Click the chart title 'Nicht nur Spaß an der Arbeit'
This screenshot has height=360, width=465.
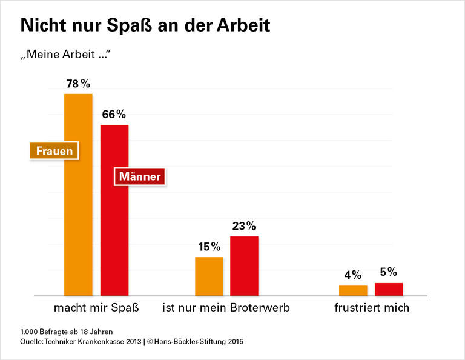[145, 25]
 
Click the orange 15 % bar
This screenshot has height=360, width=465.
[209, 276]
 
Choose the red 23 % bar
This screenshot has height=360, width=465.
[244, 265]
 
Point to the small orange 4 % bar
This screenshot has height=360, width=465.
[353, 290]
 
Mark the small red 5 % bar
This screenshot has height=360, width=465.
[389, 289]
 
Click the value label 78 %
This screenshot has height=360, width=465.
[78, 84]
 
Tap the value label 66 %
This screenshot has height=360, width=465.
[114, 114]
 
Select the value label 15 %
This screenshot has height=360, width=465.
[209, 247]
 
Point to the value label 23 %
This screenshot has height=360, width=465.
[244, 226]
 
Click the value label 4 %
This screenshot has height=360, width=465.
[353, 275]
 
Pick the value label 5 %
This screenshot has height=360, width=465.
[389, 272]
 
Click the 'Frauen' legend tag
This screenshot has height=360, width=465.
[54, 151]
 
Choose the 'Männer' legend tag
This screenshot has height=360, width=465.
[140, 177]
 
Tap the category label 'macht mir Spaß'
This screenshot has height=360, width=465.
[97, 308]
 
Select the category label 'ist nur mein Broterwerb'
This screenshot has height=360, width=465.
[226, 308]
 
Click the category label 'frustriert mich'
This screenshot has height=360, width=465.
[372, 308]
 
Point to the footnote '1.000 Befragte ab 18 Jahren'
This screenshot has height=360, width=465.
[67, 332]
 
